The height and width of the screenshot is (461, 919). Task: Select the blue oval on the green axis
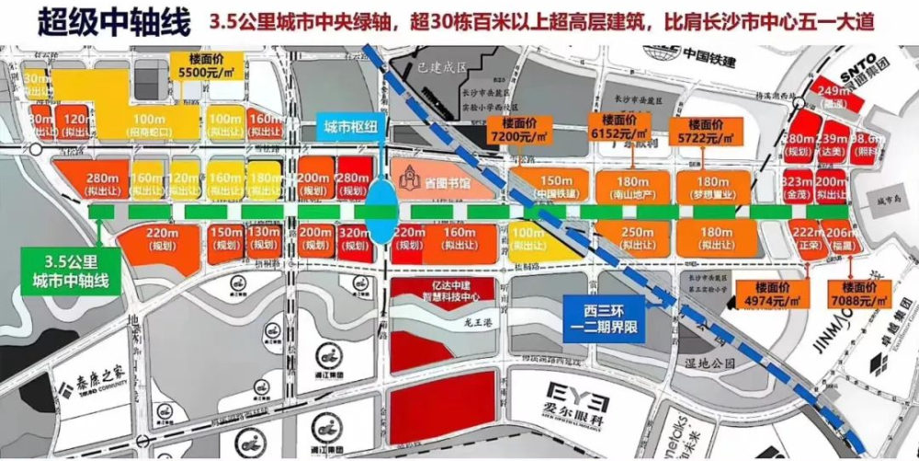pyautogui.click(x=380, y=211)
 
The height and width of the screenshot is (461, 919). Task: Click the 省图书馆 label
pyautogui.click(x=432, y=183)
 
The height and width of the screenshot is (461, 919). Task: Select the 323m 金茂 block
pyautogui.click(x=798, y=190)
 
